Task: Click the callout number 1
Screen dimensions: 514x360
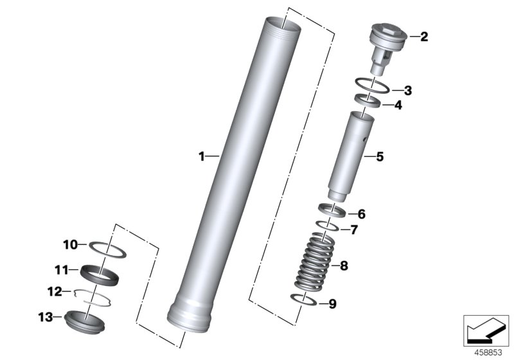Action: [202, 156]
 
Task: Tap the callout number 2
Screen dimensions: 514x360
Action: [424, 37]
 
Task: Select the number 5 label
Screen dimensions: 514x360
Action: [380, 157]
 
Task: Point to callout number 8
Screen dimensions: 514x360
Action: [344, 265]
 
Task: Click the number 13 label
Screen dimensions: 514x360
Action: [46, 317]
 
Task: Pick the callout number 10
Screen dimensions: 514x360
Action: [70, 244]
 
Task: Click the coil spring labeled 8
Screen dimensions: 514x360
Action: [315, 262]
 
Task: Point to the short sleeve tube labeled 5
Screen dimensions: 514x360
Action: [351, 156]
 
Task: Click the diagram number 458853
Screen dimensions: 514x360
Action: [488, 353]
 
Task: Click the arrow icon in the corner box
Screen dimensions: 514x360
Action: [484, 330]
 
